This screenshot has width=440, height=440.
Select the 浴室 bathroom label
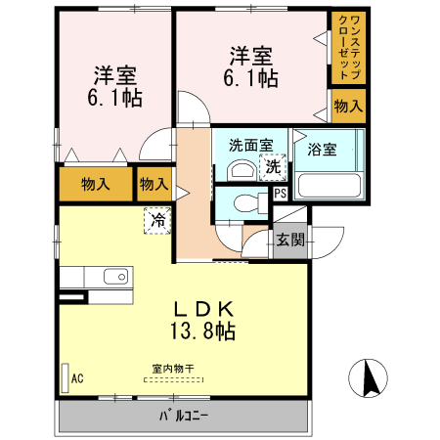coord(322,150)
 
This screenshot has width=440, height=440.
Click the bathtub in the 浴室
coord(329,185)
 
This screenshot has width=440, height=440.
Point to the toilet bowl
coord(246,205)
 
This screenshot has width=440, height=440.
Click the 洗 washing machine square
coord(275,167)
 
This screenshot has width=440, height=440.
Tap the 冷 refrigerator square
coord(156,220)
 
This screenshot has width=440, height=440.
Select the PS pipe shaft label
coord(281,193)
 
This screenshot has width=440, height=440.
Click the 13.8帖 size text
coord(199,331)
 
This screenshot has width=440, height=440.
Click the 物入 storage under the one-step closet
coord(349,106)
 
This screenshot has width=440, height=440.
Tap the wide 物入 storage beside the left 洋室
coord(95,183)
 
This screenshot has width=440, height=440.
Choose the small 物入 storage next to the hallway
coord(154,182)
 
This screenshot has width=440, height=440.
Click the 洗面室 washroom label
coord(249,146)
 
